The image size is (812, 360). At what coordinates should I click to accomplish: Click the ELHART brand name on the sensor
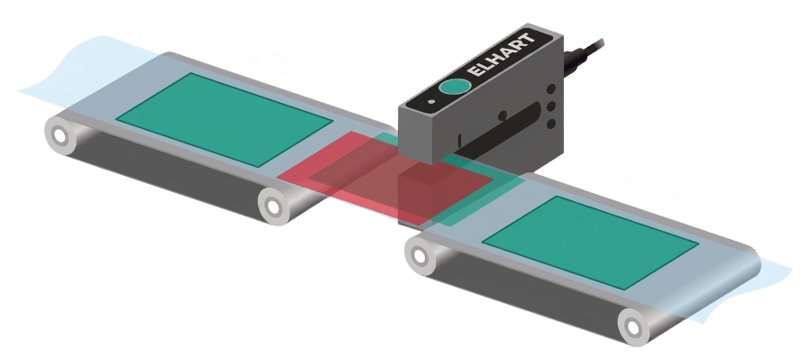click(x=500, y=55)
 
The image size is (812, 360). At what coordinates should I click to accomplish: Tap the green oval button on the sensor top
click(x=455, y=87)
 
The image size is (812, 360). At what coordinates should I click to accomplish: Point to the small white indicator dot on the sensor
click(x=431, y=102)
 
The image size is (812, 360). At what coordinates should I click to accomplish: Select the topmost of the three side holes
click(x=551, y=89)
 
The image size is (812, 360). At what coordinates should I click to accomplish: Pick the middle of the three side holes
click(x=551, y=106)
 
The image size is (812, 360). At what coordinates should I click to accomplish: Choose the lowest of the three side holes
click(x=551, y=124)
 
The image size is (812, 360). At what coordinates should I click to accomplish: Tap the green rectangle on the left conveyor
click(x=224, y=120)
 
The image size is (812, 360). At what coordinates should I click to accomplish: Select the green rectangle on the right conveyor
click(x=590, y=243)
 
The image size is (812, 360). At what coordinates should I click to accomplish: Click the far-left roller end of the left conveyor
click(x=60, y=135)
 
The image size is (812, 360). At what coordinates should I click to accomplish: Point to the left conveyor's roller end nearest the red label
click(x=273, y=207)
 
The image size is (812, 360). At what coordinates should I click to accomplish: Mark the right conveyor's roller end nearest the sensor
click(x=420, y=256)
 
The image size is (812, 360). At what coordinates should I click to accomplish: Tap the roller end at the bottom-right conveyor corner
click(x=632, y=328)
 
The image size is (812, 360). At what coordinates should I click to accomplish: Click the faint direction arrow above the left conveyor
click(x=264, y=60)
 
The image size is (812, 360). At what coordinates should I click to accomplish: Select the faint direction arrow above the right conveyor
click(x=651, y=187)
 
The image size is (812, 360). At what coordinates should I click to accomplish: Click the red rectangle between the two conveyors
click(x=384, y=176)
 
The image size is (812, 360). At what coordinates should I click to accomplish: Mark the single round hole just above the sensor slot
click(x=503, y=116)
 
